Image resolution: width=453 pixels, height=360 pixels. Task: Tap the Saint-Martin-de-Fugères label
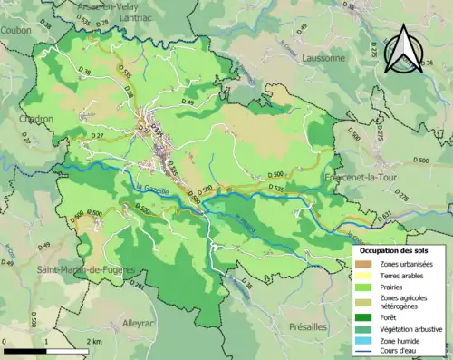tap(85, 270)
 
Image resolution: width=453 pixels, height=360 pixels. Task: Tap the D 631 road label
tap(385, 214)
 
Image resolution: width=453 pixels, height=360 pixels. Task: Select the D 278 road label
tap(402, 196)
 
